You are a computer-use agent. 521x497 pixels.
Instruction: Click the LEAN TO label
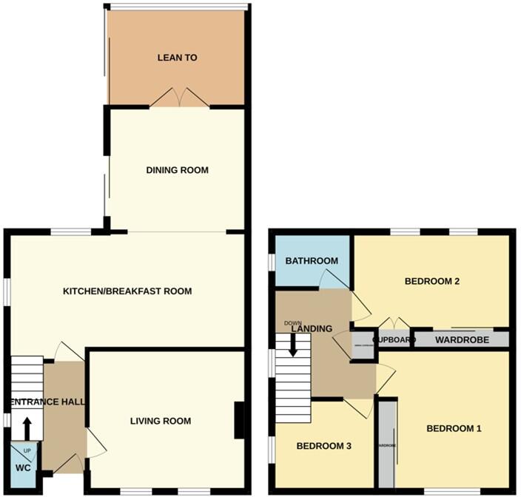(x=177, y=57)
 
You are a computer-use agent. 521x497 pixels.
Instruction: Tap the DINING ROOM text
(x=177, y=170)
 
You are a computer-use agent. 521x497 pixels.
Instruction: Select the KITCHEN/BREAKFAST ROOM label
(x=127, y=291)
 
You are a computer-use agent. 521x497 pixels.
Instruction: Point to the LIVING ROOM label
(x=161, y=421)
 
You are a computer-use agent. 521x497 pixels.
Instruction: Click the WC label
(x=23, y=467)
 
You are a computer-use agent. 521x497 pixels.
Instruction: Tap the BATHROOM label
(x=312, y=260)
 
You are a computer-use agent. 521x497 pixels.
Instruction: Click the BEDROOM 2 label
(x=433, y=281)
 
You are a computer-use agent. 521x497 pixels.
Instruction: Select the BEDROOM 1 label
(x=454, y=428)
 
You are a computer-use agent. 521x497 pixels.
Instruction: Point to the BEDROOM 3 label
(x=323, y=446)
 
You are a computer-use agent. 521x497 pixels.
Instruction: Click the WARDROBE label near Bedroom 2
(x=460, y=340)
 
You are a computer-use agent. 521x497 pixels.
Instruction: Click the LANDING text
(x=312, y=329)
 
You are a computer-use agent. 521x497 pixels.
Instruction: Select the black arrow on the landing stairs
(x=294, y=345)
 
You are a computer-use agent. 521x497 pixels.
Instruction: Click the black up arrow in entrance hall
(x=27, y=428)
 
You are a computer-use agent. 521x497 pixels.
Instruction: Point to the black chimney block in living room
(x=239, y=419)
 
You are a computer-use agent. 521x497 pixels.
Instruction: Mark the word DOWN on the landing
(x=292, y=323)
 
